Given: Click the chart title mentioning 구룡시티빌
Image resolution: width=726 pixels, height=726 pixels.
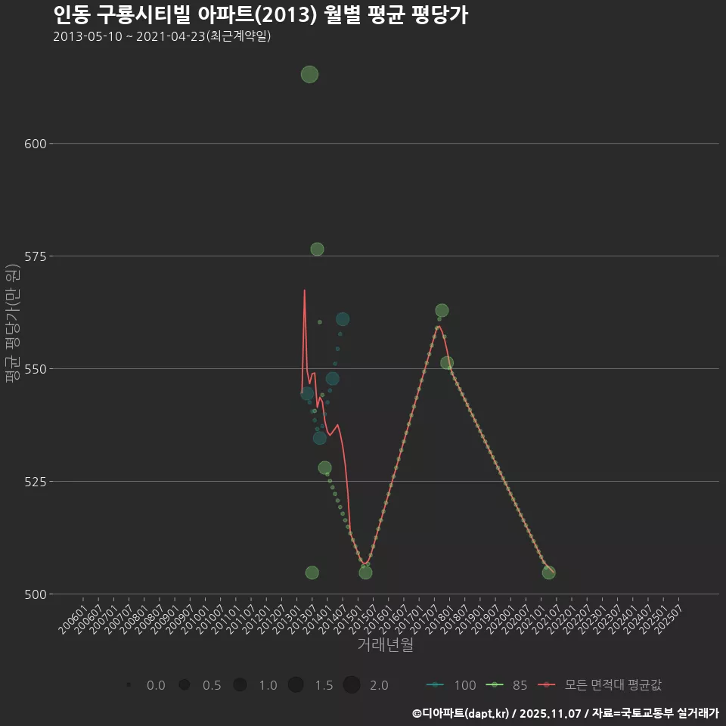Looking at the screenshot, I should (260, 14).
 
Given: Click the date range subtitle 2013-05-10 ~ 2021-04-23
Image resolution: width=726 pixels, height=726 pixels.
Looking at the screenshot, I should (162, 36).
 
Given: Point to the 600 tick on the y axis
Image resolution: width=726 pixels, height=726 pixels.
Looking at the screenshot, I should (36, 144).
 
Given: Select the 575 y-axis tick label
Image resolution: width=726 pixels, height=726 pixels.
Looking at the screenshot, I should (36, 256).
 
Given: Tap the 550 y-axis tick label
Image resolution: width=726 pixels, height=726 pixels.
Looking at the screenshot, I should (36, 369).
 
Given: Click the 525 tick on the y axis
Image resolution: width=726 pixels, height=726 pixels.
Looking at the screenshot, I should (36, 482).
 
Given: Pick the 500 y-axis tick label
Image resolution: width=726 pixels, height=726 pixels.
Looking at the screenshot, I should (36, 594).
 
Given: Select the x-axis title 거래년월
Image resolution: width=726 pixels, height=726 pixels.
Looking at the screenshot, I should (385, 645).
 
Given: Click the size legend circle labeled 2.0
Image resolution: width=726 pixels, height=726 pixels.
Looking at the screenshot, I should (351, 685).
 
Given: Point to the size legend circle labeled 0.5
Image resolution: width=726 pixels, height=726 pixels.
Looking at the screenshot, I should (184, 685).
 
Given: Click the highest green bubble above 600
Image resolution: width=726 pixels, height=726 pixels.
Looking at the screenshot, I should (309, 74).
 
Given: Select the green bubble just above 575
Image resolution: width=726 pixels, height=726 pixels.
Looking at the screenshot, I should (317, 250).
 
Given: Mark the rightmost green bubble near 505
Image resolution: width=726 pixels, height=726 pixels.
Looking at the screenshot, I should (548, 572).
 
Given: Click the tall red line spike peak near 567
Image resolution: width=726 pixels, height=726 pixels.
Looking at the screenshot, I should (305, 290).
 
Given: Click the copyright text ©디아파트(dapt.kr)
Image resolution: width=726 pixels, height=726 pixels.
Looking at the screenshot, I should (462, 712).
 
